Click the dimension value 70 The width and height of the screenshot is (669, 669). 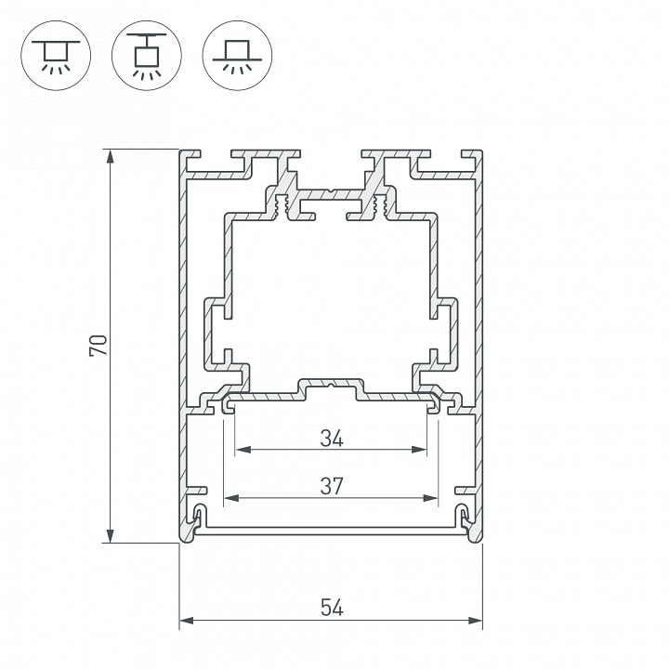pyautogui.click(x=98, y=346)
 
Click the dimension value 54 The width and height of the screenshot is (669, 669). pyautogui.click(x=332, y=608)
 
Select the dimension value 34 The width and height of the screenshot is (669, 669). pyautogui.click(x=332, y=439)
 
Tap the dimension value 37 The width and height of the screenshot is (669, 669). pyautogui.click(x=332, y=486)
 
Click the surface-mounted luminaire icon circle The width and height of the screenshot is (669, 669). pyautogui.click(x=56, y=56)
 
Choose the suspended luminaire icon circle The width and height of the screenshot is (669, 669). pyautogui.click(x=147, y=56)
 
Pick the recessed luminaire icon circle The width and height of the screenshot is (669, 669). pyautogui.click(x=237, y=56)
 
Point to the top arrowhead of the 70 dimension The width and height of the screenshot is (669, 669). pyautogui.click(x=110, y=157)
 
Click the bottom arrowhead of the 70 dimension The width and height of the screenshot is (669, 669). pyautogui.click(x=110, y=535)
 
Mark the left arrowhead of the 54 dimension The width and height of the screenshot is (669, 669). pyautogui.click(x=187, y=621)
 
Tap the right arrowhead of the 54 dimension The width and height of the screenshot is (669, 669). pyautogui.click(x=476, y=621)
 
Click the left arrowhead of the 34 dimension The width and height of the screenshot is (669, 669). pyautogui.click(x=243, y=450)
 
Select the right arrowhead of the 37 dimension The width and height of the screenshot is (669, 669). pyautogui.click(x=430, y=497)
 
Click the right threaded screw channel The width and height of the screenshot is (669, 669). pyautogui.click(x=381, y=203)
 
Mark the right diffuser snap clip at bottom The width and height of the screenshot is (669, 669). pyautogui.click(x=465, y=518)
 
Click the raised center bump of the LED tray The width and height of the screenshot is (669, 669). pyautogui.click(x=331, y=388)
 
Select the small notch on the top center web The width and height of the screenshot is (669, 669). pyautogui.click(x=331, y=190)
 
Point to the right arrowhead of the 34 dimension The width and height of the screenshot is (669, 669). pyautogui.click(x=419, y=450)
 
